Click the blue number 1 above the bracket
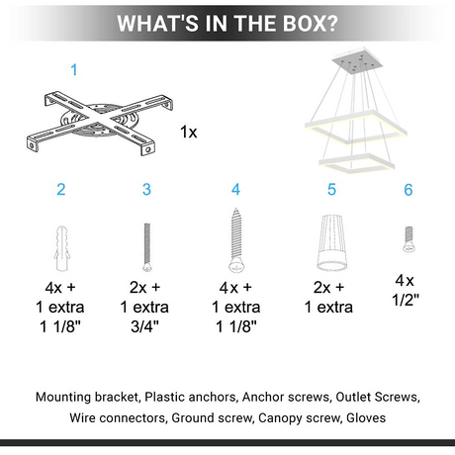pos(74,70)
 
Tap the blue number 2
pos(61,189)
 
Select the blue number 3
pos(146,189)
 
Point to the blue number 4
pos(235,189)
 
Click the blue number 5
pos(331,189)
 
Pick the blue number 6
pos(409,190)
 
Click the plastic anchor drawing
pos(61,248)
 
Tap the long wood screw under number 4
pos(236,240)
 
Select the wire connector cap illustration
pos(331,242)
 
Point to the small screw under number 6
pos(409,239)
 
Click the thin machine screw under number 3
pos(147,247)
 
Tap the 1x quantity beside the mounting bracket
pos(189,132)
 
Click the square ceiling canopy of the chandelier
pos(357,61)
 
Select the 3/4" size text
pos(144,326)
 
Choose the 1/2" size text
pos(406,300)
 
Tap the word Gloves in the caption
pos(366,417)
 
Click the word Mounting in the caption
pos(63,397)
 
